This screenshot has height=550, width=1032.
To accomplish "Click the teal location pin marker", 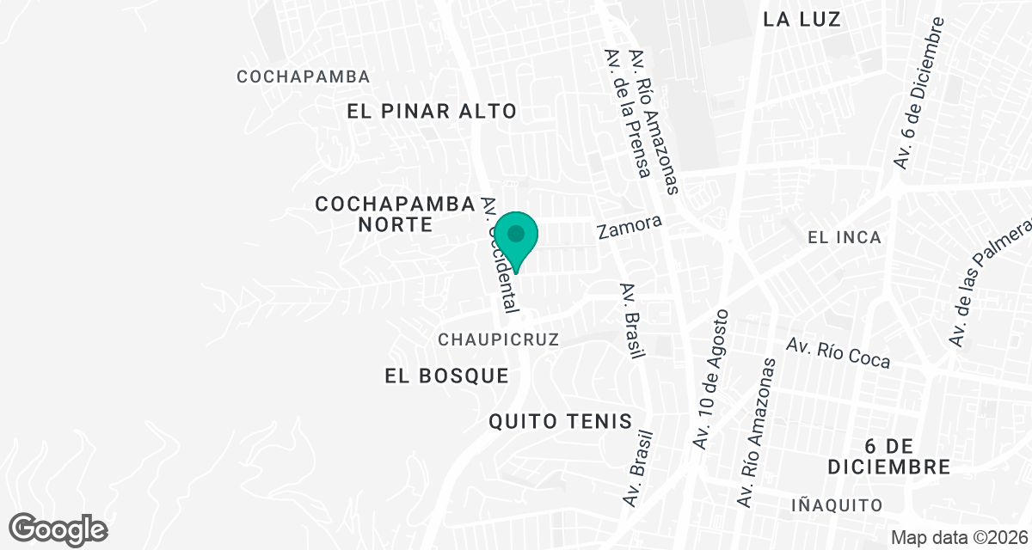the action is point(516,239).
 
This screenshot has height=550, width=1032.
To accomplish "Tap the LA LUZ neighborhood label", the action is point(802,19).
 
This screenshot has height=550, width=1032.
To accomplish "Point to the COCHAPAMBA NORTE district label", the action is point(395,214).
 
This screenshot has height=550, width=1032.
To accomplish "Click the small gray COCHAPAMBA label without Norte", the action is point(304,76).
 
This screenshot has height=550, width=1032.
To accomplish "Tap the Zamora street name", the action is point(630,228).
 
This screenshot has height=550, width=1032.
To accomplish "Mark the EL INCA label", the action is point(845,237).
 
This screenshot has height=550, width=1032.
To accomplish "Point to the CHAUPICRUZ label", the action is point(499,339).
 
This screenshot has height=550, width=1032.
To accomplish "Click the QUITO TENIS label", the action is point(560,421).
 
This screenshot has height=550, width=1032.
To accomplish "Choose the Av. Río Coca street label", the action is point(838,352).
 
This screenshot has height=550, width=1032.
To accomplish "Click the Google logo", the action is point(58,529).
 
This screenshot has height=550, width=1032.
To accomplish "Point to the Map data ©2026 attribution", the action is point(958,537).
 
